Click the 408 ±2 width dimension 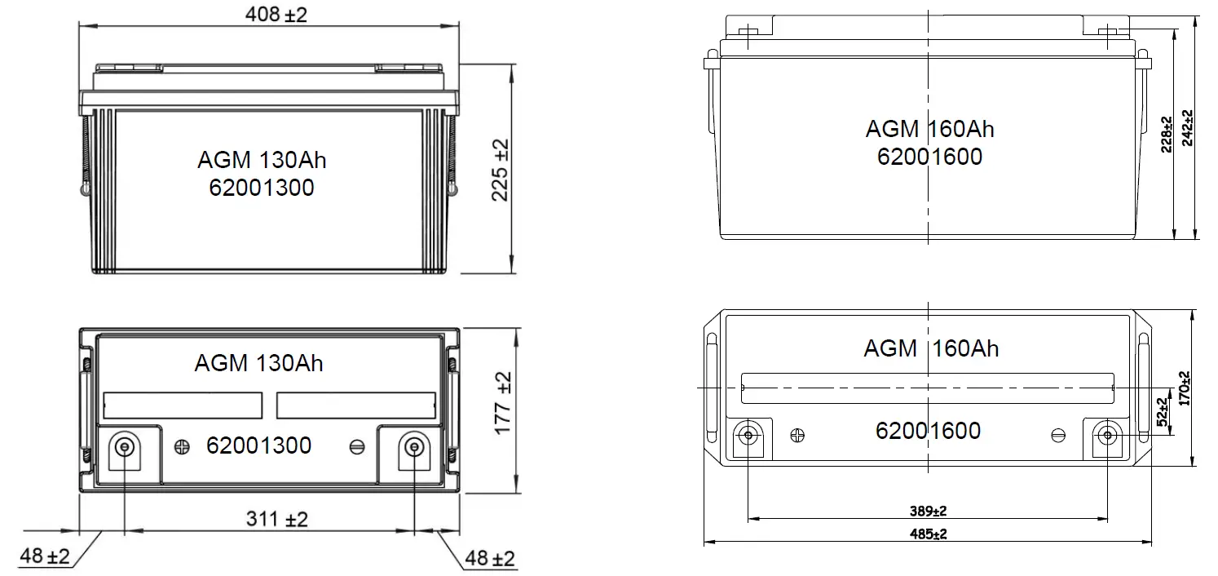pos(276,14)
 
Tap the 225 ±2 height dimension pos(501,170)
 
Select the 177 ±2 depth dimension pos(503,403)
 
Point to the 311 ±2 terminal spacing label pos(276,519)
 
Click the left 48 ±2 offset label pos(45,556)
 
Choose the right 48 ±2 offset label pos(489,558)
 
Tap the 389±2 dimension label pos(929,511)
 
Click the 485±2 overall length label pos(929,534)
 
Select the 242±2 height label pos(1188,128)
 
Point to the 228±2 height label pos(1167,135)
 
